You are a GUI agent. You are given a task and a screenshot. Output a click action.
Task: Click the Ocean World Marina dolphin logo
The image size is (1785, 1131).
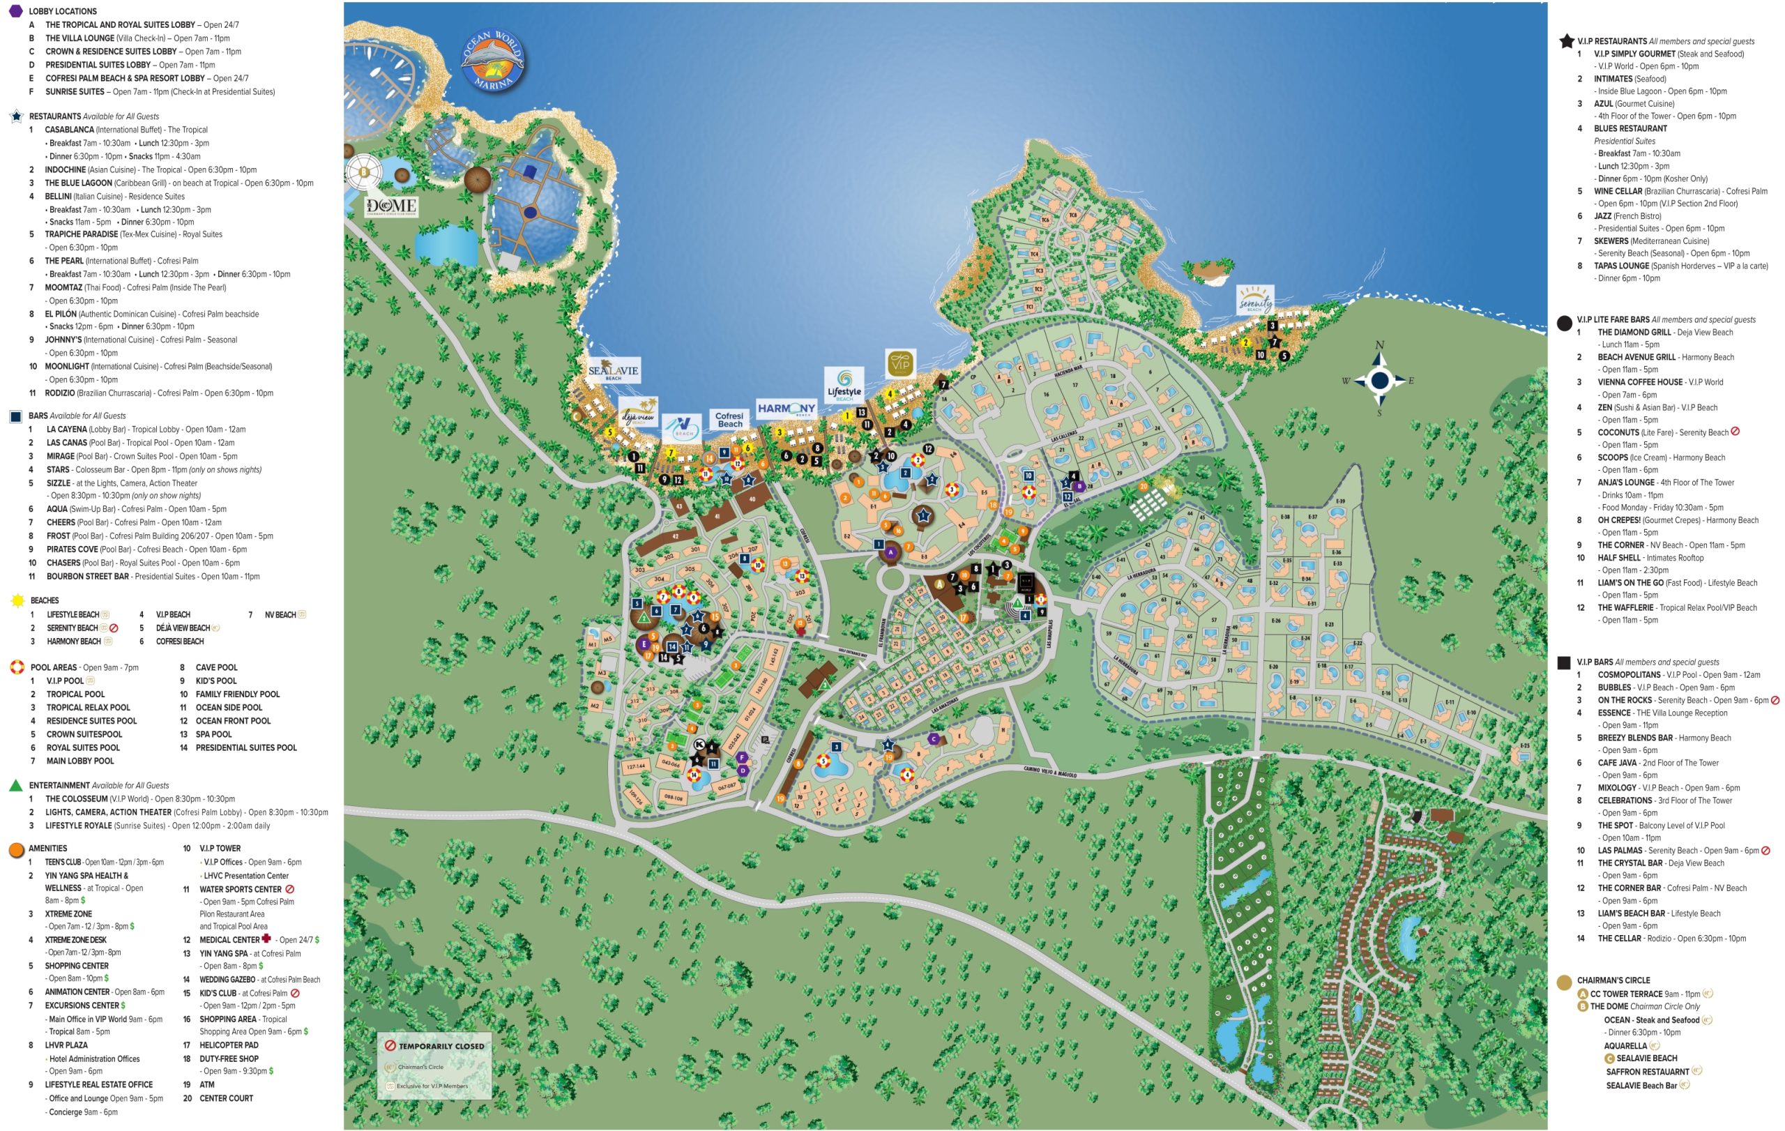click(493, 61)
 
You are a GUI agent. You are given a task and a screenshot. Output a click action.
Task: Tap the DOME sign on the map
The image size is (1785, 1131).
click(391, 206)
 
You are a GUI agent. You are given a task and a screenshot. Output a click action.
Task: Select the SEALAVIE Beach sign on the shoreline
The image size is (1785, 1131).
click(613, 372)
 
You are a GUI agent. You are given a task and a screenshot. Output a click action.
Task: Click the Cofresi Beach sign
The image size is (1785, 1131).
click(729, 420)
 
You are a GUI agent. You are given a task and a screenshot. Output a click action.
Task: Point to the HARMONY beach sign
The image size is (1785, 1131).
click(787, 409)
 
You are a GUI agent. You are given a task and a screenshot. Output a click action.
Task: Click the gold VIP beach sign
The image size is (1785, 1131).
click(901, 364)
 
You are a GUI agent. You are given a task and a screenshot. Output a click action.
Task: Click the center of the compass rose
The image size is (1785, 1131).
click(1379, 381)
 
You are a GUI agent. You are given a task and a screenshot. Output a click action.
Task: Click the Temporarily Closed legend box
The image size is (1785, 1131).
click(434, 1065)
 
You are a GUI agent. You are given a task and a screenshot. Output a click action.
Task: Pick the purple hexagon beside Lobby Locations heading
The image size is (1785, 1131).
click(15, 10)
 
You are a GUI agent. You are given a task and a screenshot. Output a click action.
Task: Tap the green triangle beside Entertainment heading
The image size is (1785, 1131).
click(15, 786)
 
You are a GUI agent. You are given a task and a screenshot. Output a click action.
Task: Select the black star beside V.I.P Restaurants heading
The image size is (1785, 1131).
click(1566, 42)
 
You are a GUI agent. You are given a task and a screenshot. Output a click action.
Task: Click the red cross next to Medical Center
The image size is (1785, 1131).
click(266, 939)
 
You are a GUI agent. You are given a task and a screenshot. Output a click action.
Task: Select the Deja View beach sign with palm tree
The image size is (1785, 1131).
click(638, 412)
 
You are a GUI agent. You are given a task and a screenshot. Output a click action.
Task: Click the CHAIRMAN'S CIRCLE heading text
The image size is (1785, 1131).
click(1613, 980)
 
